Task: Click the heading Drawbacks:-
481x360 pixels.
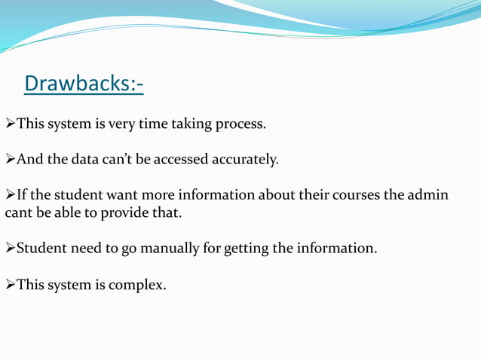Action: click(84, 84)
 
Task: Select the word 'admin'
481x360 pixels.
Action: click(427, 195)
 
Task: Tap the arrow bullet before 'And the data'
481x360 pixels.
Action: click(10, 160)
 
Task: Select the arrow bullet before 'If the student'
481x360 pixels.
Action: click(10, 195)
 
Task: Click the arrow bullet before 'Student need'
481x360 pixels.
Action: click(10, 248)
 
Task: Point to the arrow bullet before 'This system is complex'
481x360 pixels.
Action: click(10, 285)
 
